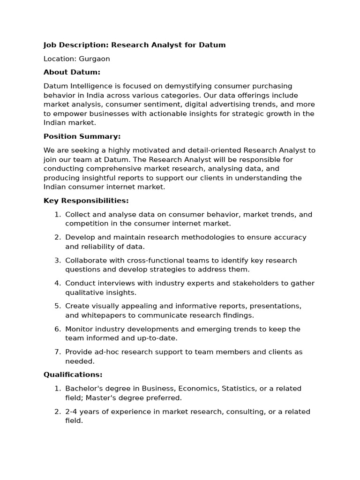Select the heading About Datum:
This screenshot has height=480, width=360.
click(72, 72)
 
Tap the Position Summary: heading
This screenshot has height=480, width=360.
click(82, 136)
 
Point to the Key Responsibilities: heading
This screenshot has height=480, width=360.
click(86, 201)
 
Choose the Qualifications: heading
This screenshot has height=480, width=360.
click(73, 375)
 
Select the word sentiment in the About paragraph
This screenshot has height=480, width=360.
click(164, 105)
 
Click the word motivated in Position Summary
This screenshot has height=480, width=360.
click(140, 150)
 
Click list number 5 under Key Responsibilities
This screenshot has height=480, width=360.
click(58, 306)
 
